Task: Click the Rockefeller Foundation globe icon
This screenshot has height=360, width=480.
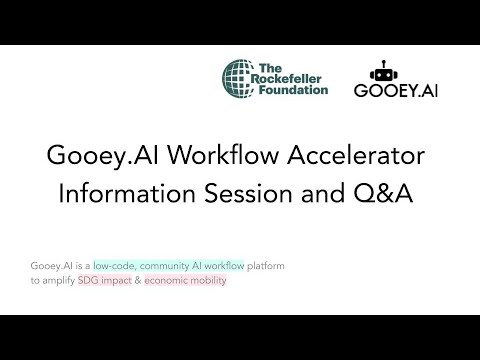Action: pyautogui.click(x=242, y=78)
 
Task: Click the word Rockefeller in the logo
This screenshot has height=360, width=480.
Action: pyautogui.click(x=294, y=78)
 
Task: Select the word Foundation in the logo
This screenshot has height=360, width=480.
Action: pyautogui.click(x=294, y=90)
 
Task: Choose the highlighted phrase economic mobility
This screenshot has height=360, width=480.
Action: pyautogui.click(x=185, y=280)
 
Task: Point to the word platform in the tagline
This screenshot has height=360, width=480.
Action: pyautogui.click(x=251, y=265)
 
